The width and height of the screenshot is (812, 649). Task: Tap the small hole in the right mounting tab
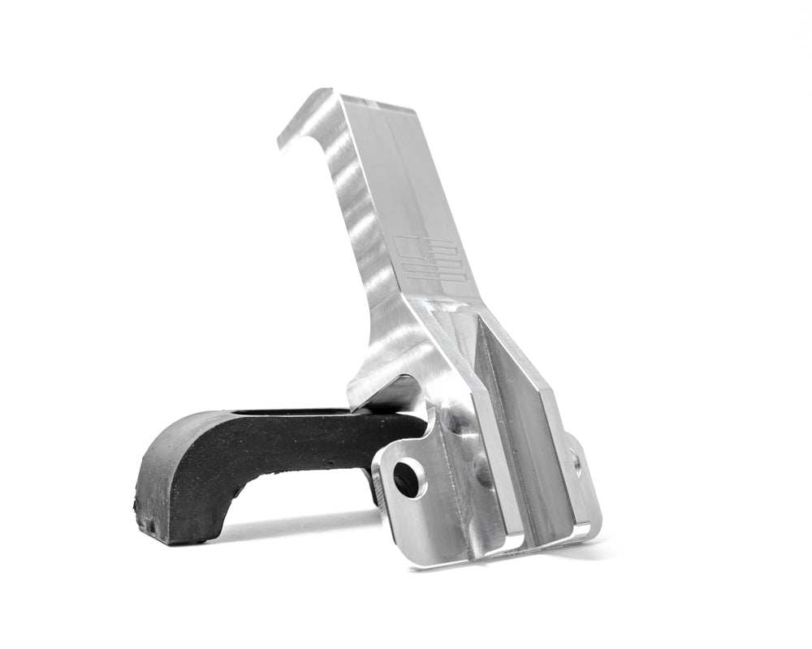pos(577,464)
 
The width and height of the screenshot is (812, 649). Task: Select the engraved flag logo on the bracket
pos(431,259)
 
